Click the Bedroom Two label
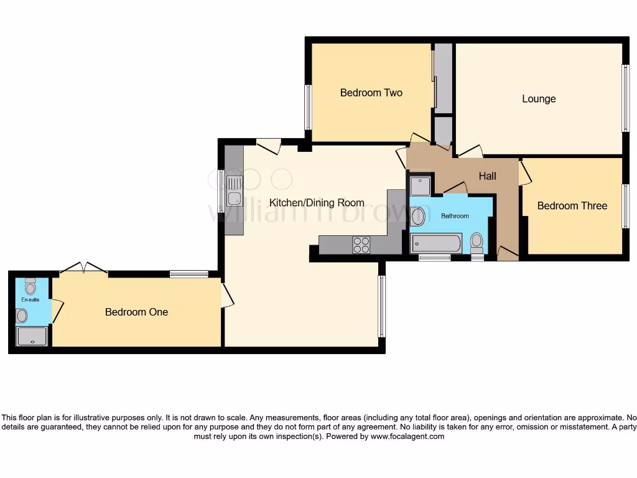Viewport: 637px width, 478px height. (371, 93)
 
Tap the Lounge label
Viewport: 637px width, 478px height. (539, 99)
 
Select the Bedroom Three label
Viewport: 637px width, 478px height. (572, 206)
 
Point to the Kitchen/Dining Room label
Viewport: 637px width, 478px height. (317, 202)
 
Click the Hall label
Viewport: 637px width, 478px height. (487, 176)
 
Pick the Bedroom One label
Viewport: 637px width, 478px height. (136, 312)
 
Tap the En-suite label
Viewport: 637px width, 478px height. (30, 299)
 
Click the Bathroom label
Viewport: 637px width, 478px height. (455, 216)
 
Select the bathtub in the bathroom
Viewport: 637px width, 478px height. (436, 243)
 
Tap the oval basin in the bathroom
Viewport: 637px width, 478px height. (418, 217)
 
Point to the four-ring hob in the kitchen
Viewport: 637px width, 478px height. (361, 245)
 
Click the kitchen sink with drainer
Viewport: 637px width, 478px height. (235, 190)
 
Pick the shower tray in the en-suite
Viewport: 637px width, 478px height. (31, 337)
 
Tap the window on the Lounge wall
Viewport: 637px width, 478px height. (626, 98)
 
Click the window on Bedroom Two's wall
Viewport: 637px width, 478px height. (307, 107)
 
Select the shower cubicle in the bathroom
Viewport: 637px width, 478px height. (420, 185)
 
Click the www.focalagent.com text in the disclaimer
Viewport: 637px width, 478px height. (407, 436)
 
